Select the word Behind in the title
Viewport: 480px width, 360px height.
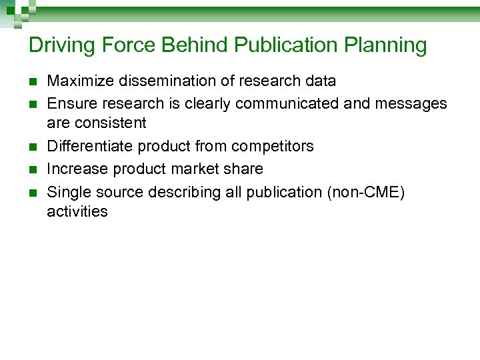[196, 45]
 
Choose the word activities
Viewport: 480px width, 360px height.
[77, 212]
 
